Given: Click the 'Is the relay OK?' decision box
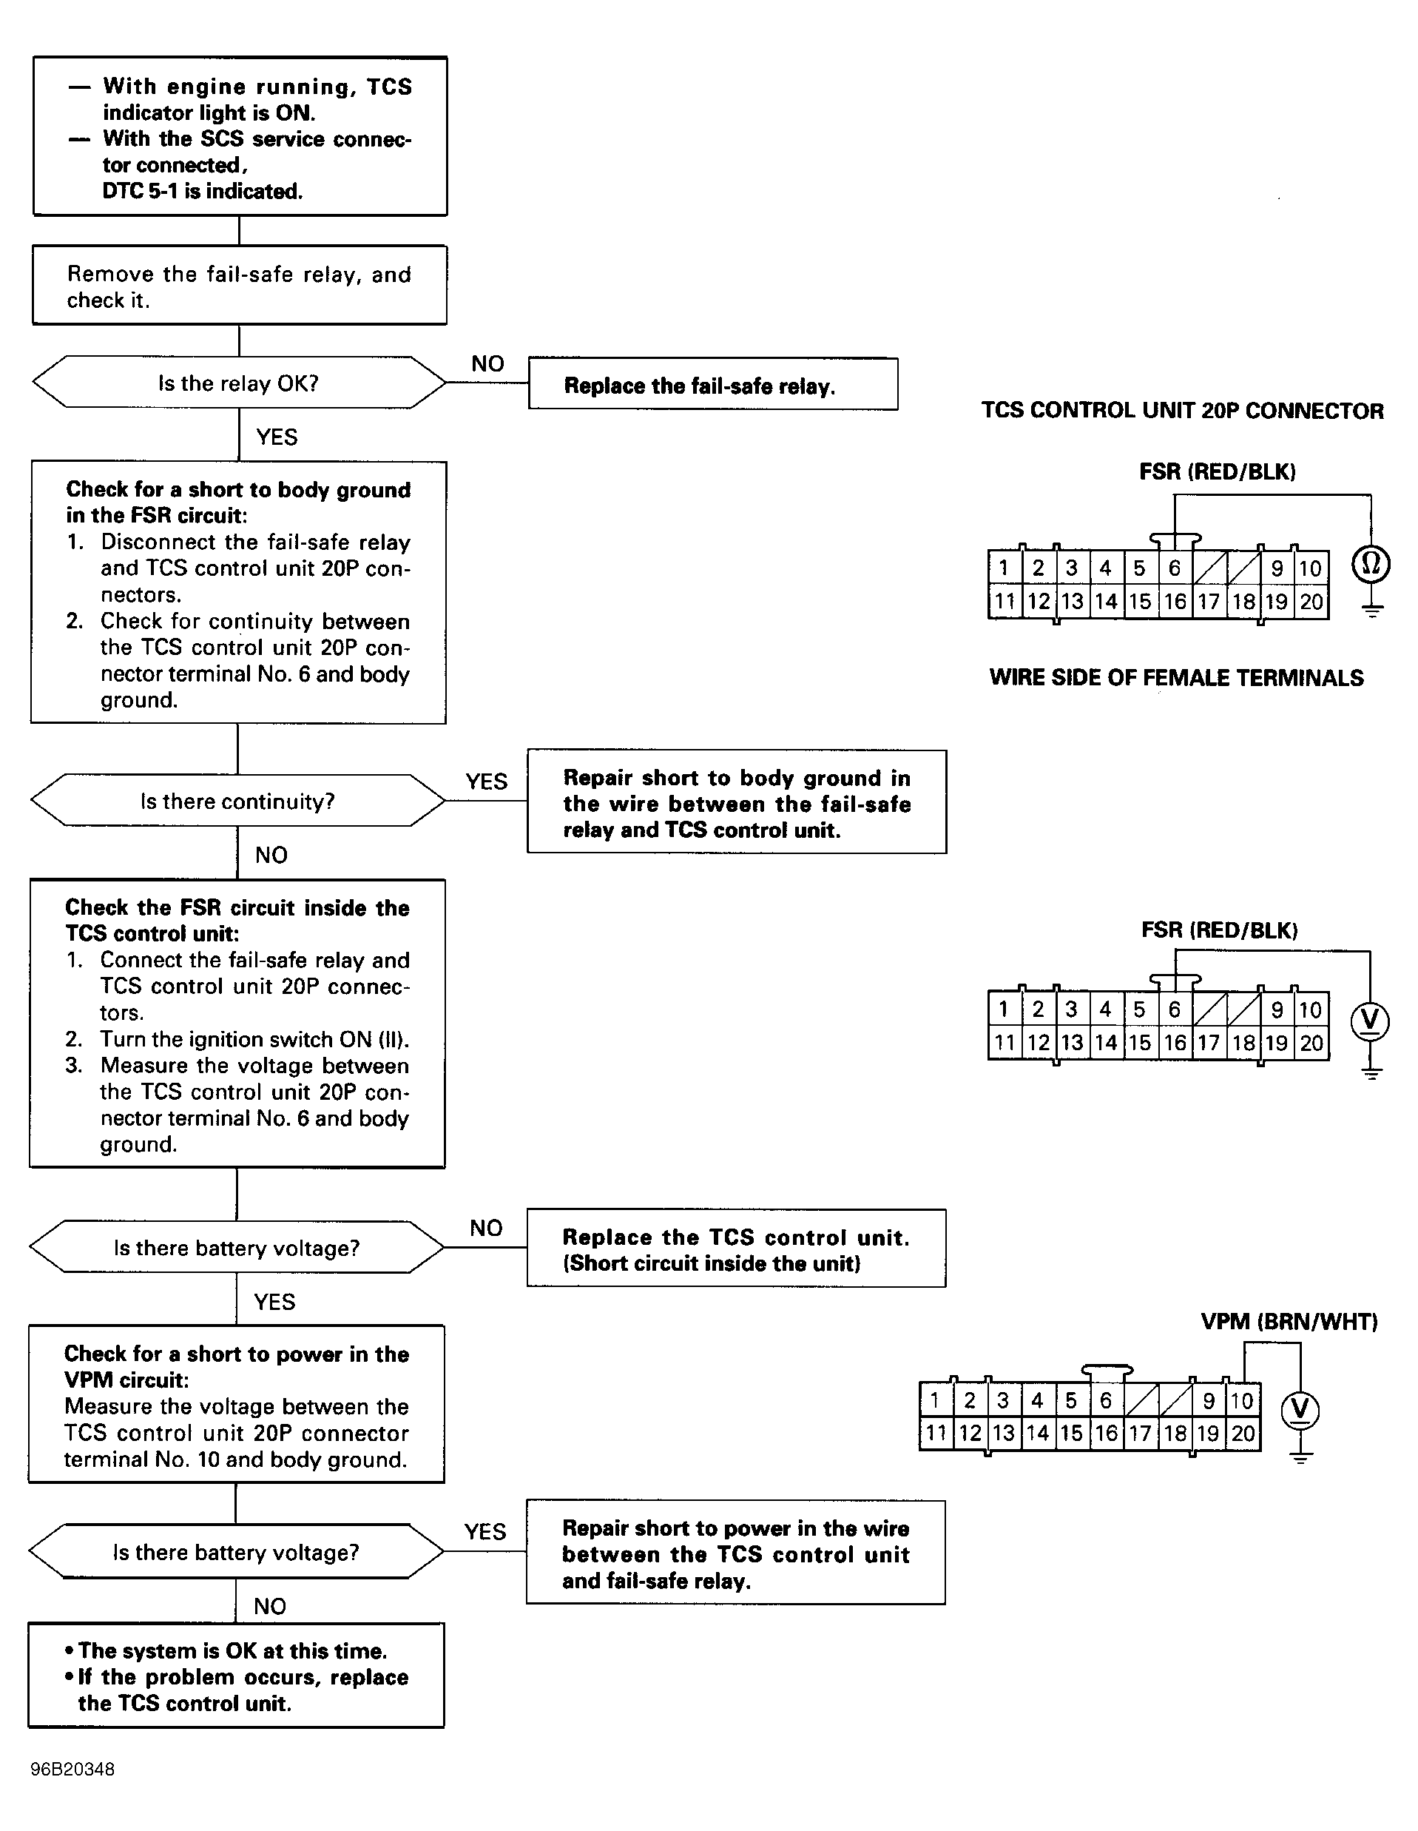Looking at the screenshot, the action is [x=239, y=383].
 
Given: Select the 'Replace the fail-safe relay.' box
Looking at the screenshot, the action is [x=712, y=384].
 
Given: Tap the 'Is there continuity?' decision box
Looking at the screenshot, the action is [x=237, y=801].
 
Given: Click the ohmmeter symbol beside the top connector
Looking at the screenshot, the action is [x=1371, y=564].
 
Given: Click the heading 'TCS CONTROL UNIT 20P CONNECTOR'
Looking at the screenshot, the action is [x=1182, y=411].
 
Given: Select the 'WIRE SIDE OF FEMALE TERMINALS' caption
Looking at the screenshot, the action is [x=1177, y=677].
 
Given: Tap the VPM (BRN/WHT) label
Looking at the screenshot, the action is [x=1289, y=1322].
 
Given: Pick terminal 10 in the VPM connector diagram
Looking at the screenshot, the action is [x=1242, y=1401].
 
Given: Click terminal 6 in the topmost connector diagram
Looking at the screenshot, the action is [x=1175, y=568].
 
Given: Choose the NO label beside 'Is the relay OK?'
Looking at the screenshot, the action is [x=487, y=364].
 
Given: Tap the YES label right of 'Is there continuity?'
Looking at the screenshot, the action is [x=487, y=782].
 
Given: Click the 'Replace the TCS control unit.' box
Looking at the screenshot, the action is [x=736, y=1248].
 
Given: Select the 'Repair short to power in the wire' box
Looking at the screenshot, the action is [x=736, y=1553].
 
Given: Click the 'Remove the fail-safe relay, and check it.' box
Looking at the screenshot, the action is [x=240, y=285].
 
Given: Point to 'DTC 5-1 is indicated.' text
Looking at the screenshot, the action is [x=203, y=191].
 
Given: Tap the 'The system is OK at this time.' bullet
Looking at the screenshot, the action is [x=226, y=1650].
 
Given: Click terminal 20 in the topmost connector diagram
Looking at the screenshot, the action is [x=1311, y=601].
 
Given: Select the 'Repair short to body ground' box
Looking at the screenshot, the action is [x=737, y=802].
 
